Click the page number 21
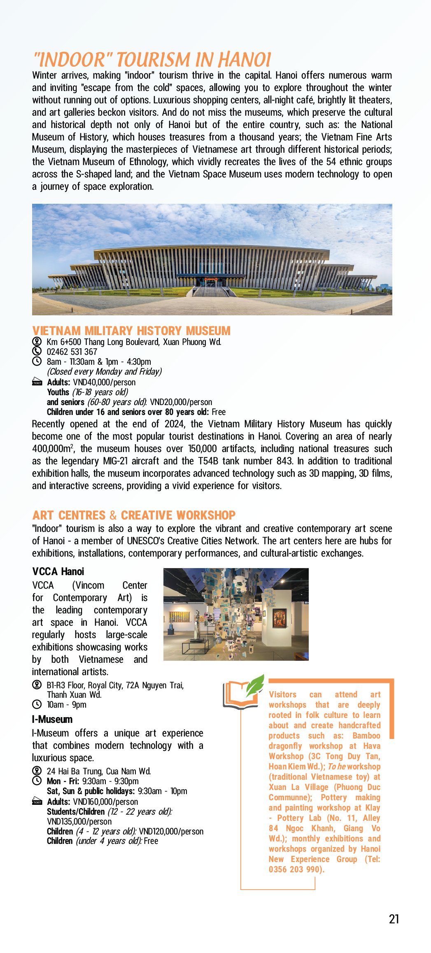coord(394,919)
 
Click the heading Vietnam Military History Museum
coord(131,331)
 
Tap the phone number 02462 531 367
coord(72,352)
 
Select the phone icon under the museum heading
coord(37,351)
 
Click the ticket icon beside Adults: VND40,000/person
coord(37,382)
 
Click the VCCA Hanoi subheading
coord(58,571)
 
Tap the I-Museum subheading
coord(52,719)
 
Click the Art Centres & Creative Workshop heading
coord(134,515)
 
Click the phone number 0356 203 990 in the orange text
coord(296,869)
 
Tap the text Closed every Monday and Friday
coord(104,371)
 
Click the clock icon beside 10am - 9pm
coord(37,704)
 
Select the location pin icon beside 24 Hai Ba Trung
coord(37,771)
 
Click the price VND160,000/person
coord(105,802)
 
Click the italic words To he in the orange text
coord(336,767)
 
